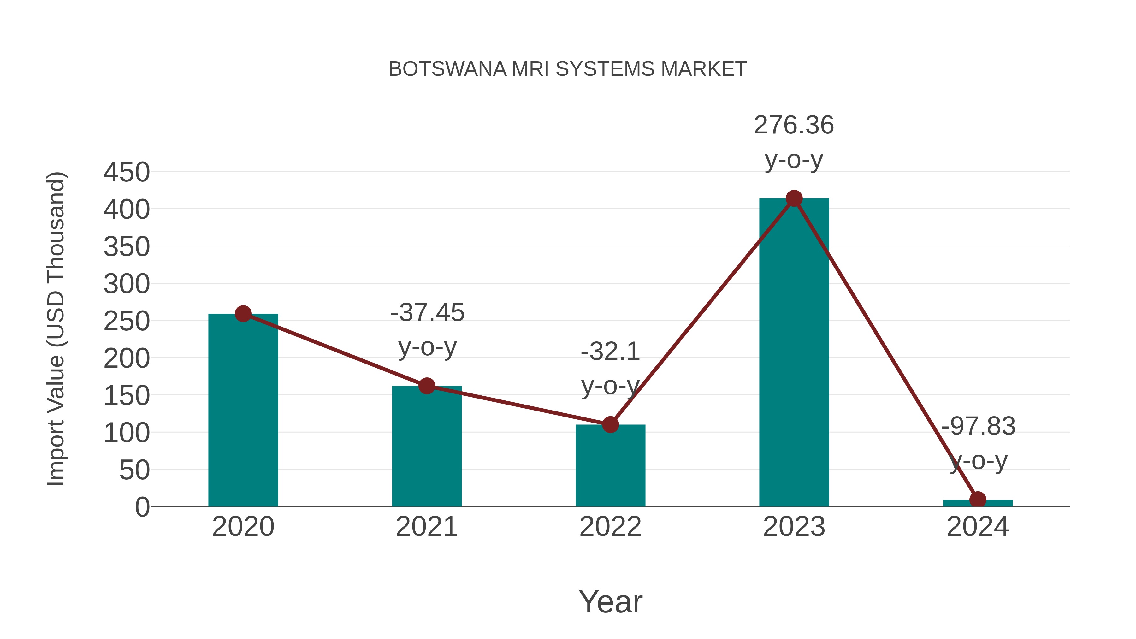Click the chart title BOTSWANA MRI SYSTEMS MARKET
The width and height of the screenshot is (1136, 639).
point(568,69)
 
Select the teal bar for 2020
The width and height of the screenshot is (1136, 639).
point(243,410)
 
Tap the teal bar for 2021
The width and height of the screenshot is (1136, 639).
point(426,446)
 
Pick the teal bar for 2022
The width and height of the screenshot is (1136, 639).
point(610,466)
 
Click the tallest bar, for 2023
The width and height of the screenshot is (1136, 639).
point(794,353)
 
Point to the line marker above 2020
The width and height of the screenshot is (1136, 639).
point(243,314)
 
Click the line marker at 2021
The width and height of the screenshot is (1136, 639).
point(426,386)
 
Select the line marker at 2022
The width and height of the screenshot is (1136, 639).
point(610,425)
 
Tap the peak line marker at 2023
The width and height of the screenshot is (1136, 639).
point(794,198)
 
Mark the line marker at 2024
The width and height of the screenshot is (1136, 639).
point(978,500)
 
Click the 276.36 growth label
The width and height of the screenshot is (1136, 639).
point(794,125)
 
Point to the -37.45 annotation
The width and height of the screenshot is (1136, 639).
point(427,313)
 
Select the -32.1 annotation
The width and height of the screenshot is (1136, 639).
point(610,352)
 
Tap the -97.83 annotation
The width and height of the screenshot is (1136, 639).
point(978,426)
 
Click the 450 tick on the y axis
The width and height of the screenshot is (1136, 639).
point(127,172)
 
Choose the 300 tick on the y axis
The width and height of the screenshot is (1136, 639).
point(127,284)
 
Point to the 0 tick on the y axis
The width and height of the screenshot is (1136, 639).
point(142,507)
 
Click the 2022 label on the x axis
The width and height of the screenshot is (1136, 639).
point(610,527)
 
